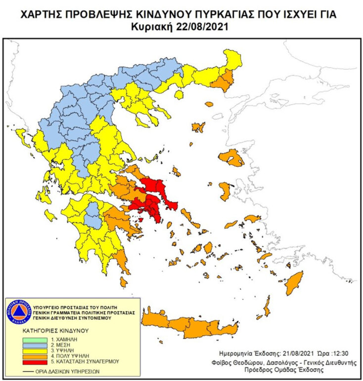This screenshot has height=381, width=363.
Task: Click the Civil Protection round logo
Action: [18, 312]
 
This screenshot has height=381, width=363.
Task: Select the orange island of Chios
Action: [225, 190]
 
